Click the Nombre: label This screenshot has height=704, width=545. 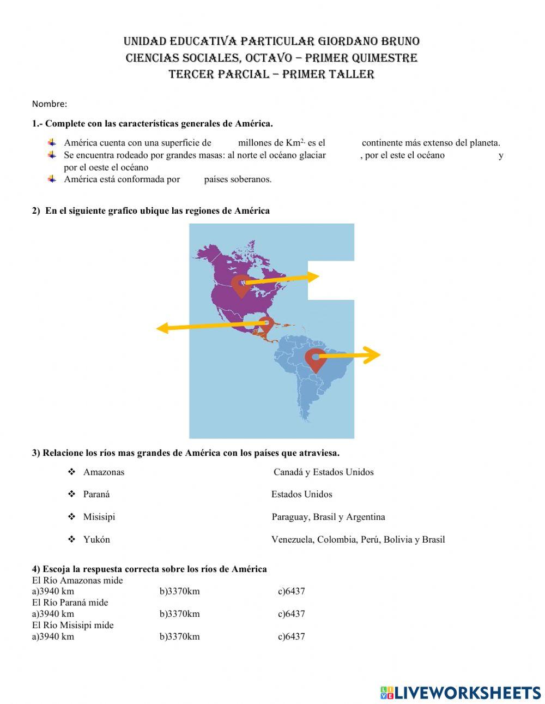point(50,104)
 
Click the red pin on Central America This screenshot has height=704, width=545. point(265,325)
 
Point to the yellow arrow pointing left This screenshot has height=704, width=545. point(207,326)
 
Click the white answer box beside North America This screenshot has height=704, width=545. point(331,280)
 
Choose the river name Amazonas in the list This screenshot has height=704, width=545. point(104,472)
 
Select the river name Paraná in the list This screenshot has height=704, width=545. point(96,495)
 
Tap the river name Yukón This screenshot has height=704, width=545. point(96,540)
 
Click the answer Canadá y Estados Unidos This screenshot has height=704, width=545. point(324,472)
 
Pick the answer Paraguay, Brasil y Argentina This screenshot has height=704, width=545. point(328,517)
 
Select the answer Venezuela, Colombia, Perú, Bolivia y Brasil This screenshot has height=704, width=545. point(358,540)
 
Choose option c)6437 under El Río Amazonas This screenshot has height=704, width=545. point(291,592)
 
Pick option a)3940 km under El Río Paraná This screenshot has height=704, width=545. point(53,614)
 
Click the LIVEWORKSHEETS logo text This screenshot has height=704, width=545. point(467,693)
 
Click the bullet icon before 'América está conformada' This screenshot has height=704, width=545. point(52,179)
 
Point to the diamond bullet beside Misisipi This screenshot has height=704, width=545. point(71,516)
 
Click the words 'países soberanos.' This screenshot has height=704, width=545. point(238,179)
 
